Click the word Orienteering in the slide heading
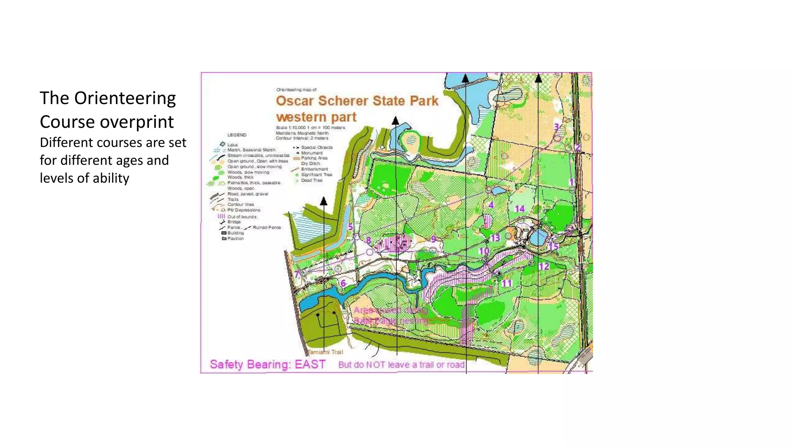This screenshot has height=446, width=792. coord(125,98)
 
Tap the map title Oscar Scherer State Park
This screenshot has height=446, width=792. coord(357,101)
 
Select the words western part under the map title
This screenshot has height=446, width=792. coord(316,117)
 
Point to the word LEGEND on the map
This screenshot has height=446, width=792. coord(237,135)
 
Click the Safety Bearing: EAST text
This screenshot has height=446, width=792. coord(267,364)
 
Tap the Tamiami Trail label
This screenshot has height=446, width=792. coord(326,352)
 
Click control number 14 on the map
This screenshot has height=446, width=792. coord(519,209)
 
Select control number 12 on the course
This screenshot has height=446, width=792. coord(544,266)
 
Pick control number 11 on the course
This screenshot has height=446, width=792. coord(507,283)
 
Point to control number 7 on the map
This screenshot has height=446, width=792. coord(297,274)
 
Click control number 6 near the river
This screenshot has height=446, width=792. coord(343,283)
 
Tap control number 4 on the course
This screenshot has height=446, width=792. coord(491,205)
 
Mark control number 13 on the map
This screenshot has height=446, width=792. coord(495,238)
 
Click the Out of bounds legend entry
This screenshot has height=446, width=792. coord(242,217)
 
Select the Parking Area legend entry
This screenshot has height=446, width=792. coord(314,158)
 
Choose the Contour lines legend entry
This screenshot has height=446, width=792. coord(241,204)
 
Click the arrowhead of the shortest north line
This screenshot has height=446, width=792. coord(324,201)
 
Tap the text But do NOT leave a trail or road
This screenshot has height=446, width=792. coord(401,365)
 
